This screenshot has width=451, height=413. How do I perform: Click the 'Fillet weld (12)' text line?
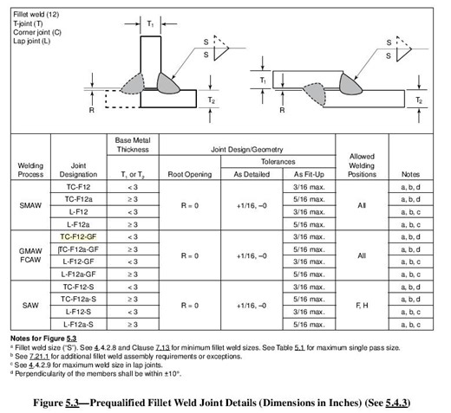[31, 7]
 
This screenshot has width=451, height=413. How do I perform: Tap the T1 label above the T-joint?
[147, 23]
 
